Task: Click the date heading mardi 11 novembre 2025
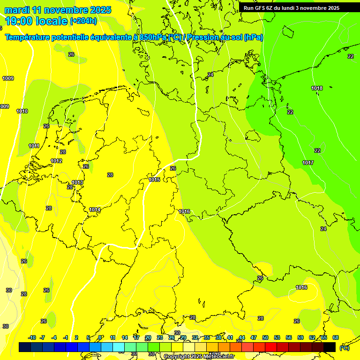[x=58, y=10]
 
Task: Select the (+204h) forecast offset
[x=83, y=21]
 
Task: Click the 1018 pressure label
[x=317, y=88]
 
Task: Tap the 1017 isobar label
[x=308, y=163]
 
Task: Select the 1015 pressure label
[x=154, y=180]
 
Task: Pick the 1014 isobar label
[x=95, y=210]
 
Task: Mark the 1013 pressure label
[x=77, y=182]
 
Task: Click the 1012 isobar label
[x=56, y=161]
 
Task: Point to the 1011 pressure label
[x=34, y=146]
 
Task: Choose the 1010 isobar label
[x=22, y=111]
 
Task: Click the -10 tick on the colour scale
[x=32, y=337]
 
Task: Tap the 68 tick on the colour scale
[x=336, y=337]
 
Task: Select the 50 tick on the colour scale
[x=265, y=337]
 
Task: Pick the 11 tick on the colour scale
[x=113, y=337]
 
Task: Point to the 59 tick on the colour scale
[x=300, y=337]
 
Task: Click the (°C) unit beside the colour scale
[x=345, y=348]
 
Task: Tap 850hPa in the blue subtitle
[x=153, y=37]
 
